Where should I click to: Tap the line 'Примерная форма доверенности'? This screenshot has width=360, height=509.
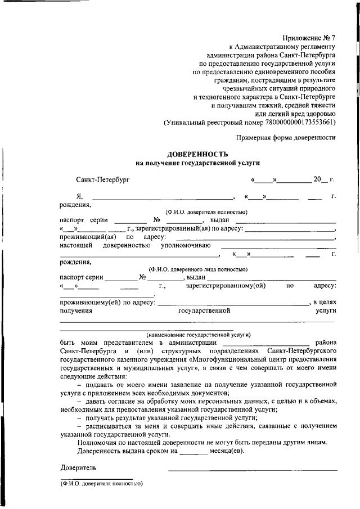click(286, 137)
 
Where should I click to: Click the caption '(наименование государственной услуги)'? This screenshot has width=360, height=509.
click(197, 334)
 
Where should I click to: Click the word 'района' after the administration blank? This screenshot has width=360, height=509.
click(325, 342)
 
